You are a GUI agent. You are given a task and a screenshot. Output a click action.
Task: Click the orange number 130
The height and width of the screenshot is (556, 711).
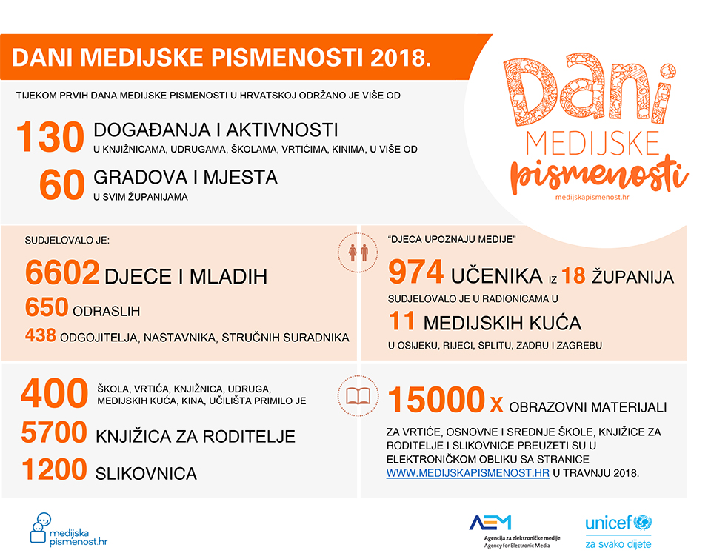coord(50,137)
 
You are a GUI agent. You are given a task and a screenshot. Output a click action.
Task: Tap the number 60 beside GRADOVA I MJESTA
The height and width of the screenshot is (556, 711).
coord(62,184)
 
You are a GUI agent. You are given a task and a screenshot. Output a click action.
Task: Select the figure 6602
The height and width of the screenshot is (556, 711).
coord(62,272)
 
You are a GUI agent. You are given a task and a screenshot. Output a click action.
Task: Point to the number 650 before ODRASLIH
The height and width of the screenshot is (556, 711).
coord(47,307)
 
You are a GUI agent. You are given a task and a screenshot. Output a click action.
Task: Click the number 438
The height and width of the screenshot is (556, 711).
coord(41,336)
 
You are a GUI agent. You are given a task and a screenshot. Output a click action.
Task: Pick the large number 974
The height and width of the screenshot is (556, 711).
coord(415,272)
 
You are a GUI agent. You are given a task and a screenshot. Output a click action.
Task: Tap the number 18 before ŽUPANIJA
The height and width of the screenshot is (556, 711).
coord(573,276)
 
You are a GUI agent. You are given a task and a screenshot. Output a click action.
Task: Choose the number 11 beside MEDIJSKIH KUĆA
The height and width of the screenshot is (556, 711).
coord(402,321)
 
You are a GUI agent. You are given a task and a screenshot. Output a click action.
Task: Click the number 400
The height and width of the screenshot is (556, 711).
coord(54,393)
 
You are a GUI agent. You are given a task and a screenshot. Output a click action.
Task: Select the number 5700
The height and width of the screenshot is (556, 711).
coord(54,432)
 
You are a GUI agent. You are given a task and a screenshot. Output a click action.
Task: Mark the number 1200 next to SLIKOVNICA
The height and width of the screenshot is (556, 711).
coord(54,469)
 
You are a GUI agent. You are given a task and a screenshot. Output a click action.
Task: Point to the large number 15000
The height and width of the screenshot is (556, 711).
coord(437,399)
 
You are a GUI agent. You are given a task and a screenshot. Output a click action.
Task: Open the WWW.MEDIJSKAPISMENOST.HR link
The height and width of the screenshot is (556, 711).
coord(468,473)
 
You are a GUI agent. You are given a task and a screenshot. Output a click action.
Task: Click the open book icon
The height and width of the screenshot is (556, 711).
coord(358,397)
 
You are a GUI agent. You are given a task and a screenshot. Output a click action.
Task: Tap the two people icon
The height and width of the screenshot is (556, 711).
coord(358,252)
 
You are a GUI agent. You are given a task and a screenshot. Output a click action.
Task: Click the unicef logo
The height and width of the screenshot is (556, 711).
coord(618,531)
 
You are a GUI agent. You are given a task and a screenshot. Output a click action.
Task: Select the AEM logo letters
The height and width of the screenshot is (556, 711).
coord(490,523)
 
